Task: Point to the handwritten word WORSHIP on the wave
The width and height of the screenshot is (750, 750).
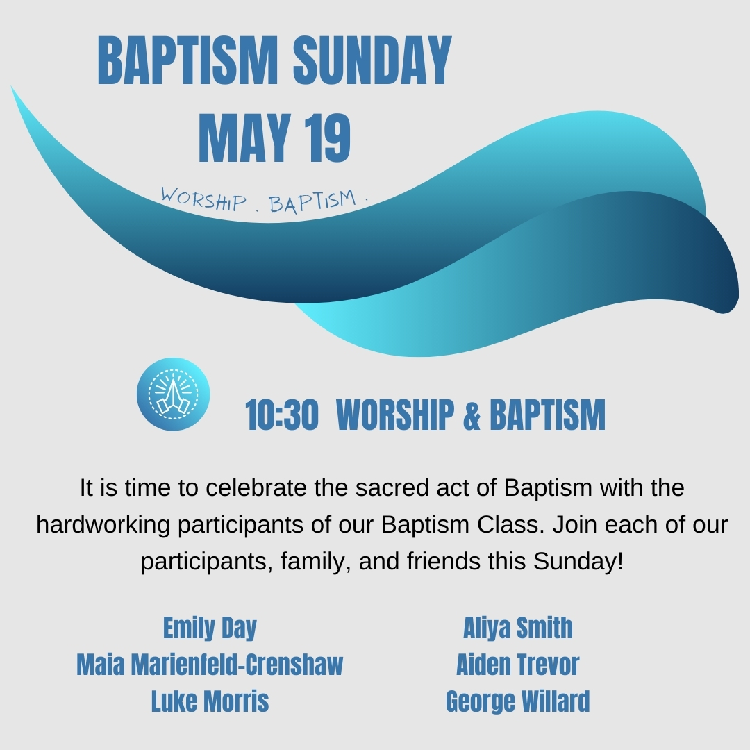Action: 203,199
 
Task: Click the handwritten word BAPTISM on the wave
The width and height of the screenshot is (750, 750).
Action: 312,202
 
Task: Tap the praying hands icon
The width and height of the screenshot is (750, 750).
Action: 173,394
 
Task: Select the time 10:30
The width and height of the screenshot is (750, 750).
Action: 282,415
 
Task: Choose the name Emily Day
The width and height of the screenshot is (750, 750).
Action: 210,628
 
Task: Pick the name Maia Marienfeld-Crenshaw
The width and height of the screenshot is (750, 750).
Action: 210,665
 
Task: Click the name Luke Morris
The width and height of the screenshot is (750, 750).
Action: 210,701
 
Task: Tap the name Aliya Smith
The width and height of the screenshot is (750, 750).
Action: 517,628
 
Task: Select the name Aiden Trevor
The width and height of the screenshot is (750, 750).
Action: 517,665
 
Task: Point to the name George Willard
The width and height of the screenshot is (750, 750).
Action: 517,701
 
